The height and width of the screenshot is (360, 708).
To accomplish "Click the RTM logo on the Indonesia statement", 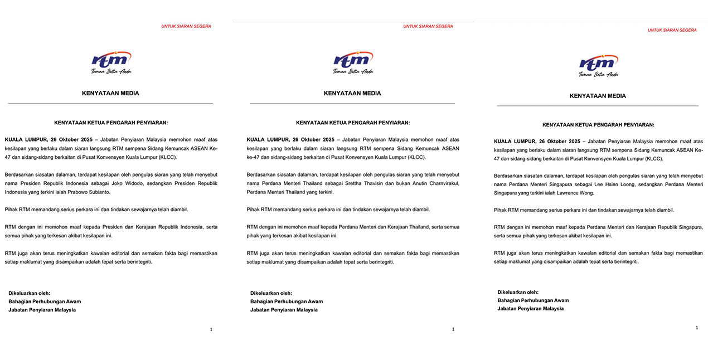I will click(x=111, y=62).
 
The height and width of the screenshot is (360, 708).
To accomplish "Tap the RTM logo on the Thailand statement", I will click(x=353, y=62).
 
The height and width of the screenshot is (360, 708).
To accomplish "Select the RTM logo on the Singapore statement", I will click(x=599, y=65).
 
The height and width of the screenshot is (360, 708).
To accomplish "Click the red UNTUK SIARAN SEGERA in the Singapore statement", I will click(x=672, y=30).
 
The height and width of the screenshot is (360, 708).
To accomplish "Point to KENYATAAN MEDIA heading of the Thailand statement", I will click(x=352, y=93).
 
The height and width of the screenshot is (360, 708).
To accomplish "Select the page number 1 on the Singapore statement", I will click(x=697, y=328).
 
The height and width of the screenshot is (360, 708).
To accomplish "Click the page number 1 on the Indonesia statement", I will click(x=211, y=329).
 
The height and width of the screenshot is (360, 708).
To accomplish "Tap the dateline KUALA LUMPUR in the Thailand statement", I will click(x=268, y=139).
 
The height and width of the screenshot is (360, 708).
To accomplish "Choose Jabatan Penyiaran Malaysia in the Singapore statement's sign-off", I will click(x=530, y=309).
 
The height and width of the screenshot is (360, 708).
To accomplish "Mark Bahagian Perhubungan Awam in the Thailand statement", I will click(x=286, y=301).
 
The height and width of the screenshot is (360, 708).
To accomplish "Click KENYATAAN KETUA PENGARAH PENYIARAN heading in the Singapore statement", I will click(x=598, y=125).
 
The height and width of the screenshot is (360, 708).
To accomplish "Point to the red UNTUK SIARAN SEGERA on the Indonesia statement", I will click(x=186, y=26).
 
